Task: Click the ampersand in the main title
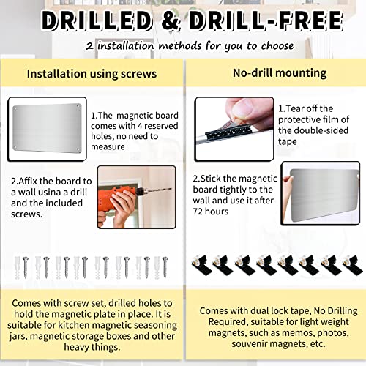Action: point(171,20)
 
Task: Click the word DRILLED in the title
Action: point(97,20)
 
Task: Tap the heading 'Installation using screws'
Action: point(91,74)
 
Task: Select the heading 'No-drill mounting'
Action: point(280,73)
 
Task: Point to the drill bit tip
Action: point(171,189)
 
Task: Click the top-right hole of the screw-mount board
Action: point(78,107)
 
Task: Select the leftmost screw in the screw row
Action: point(26,267)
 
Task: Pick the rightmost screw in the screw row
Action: point(165,267)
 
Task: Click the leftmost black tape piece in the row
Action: point(202,265)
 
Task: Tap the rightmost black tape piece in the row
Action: point(353,265)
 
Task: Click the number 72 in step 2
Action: point(198,212)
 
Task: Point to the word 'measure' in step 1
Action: point(108,147)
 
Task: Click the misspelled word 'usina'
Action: point(50,193)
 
